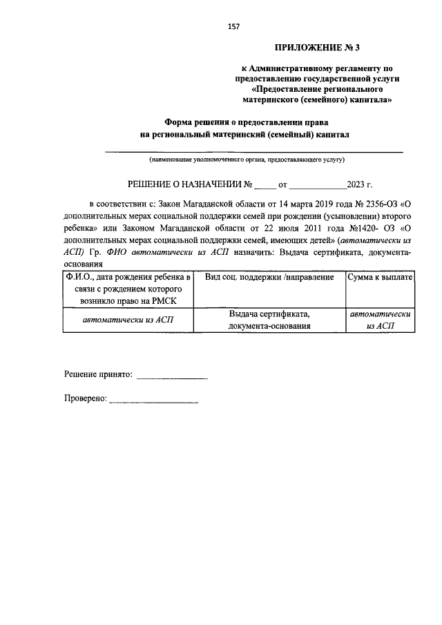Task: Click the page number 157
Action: [233, 26]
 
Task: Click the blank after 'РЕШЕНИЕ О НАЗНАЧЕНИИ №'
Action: [264, 185]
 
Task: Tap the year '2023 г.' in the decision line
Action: [360, 184]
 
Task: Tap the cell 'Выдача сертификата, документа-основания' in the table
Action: [270, 319]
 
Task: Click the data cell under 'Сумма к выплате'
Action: [381, 319]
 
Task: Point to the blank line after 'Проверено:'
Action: [153, 399]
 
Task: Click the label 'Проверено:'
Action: [85, 398]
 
